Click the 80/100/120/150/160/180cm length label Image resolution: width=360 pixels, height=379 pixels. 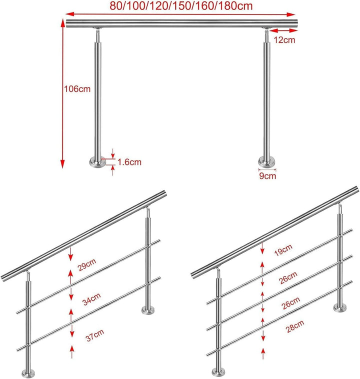tap(181, 6)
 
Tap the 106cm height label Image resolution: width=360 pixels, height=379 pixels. tap(77, 89)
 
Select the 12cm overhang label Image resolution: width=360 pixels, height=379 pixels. tap(284, 40)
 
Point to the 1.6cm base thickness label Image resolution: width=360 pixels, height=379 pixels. tap(129, 162)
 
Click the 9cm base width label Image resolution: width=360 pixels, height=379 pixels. tap(267, 175)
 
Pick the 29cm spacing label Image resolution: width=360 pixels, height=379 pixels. tap(87, 264)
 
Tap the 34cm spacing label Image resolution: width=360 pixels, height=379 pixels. tap(91, 299)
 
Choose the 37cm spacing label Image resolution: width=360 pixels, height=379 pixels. tap(95, 335)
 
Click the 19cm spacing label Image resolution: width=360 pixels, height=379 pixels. tap(283, 250)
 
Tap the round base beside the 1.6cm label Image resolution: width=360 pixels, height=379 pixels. tap(97, 162)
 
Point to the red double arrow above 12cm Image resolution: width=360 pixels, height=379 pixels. tap(283, 30)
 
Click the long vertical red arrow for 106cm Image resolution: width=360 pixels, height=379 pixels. tap(62, 94)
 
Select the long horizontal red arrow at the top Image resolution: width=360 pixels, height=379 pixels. tap(180, 14)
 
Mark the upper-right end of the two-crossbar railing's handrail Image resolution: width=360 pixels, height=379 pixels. tap(165, 193)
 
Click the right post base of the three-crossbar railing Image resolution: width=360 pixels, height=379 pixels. tap(340, 307)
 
